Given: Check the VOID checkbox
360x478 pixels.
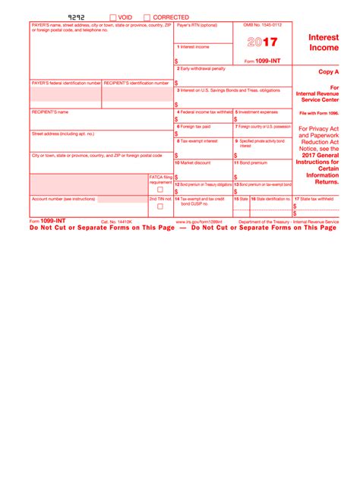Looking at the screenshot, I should (x=113, y=17).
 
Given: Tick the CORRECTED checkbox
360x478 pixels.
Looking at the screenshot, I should (x=147, y=17).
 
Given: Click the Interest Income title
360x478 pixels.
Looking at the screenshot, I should (x=324, y=42).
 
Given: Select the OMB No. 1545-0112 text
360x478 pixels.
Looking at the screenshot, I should (x=262, y=25).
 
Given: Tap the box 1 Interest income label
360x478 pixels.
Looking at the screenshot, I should (x=194, y=46).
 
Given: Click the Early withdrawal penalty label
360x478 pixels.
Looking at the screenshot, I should (x=201, y=68).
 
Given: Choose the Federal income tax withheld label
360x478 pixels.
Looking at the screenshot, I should (x=204, y=112).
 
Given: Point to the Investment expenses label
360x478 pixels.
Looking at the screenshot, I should (x=257, y=112).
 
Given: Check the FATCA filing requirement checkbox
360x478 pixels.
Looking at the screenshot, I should (x=159, y=190).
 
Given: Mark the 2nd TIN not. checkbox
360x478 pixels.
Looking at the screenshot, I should (x=159, y=206).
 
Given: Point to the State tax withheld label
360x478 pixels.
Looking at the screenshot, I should (x=314, y=199).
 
